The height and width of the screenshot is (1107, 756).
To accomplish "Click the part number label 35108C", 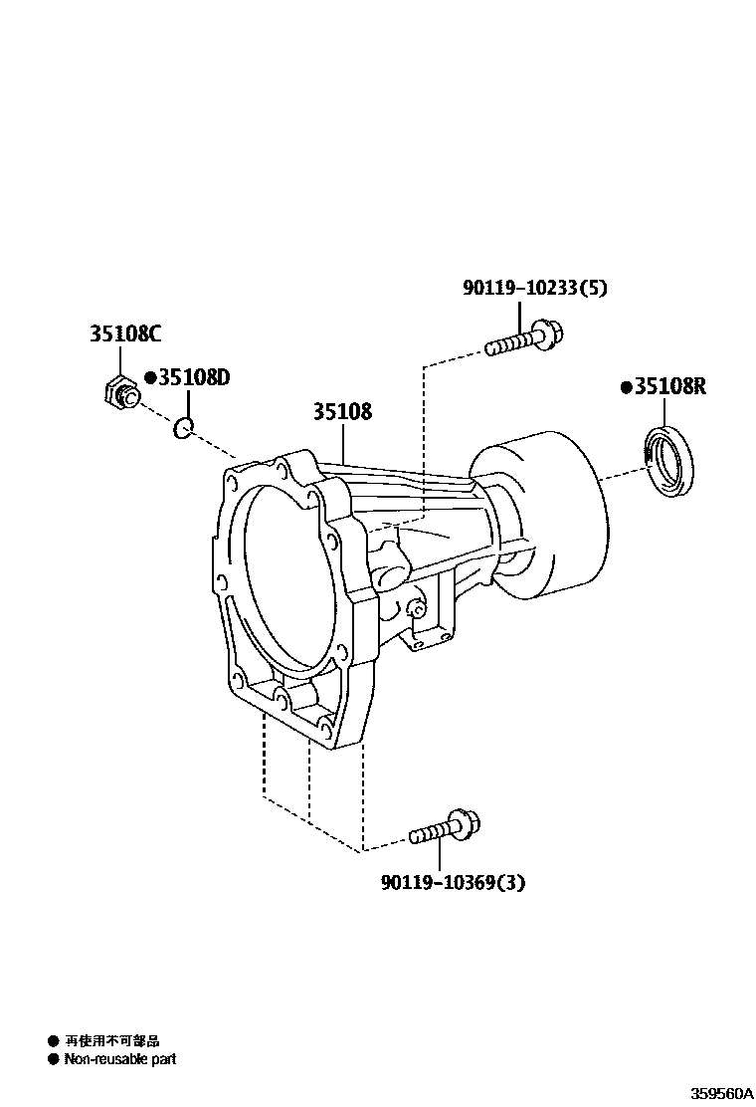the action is [124, 332].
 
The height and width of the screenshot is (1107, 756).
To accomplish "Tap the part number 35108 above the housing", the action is [343, 411].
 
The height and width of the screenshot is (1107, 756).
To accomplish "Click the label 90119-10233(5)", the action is [535, 288].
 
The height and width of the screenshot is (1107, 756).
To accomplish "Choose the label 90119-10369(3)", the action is [454, 882].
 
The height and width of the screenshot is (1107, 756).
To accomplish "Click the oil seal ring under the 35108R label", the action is [668, 464].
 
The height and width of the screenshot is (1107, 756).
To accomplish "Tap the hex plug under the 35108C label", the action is [120, 393].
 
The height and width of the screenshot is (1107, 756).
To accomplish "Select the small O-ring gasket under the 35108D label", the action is [183, 427].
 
